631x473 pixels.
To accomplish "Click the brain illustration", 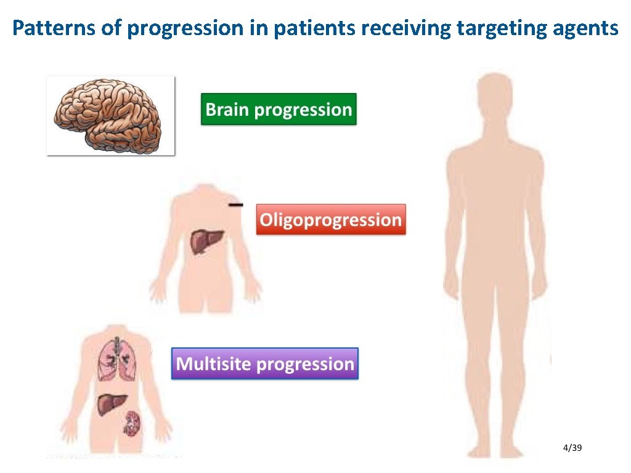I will (110, 115).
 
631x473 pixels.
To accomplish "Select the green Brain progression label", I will (279, 110).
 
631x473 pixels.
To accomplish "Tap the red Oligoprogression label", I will (331, 220).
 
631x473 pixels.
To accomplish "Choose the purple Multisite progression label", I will (265, 364).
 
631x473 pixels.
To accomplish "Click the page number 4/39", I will (572, 447).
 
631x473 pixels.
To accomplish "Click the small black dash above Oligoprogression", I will (235, 204).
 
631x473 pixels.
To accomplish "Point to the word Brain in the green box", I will (227, 110).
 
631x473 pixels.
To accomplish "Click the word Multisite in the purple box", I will (213, 364).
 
